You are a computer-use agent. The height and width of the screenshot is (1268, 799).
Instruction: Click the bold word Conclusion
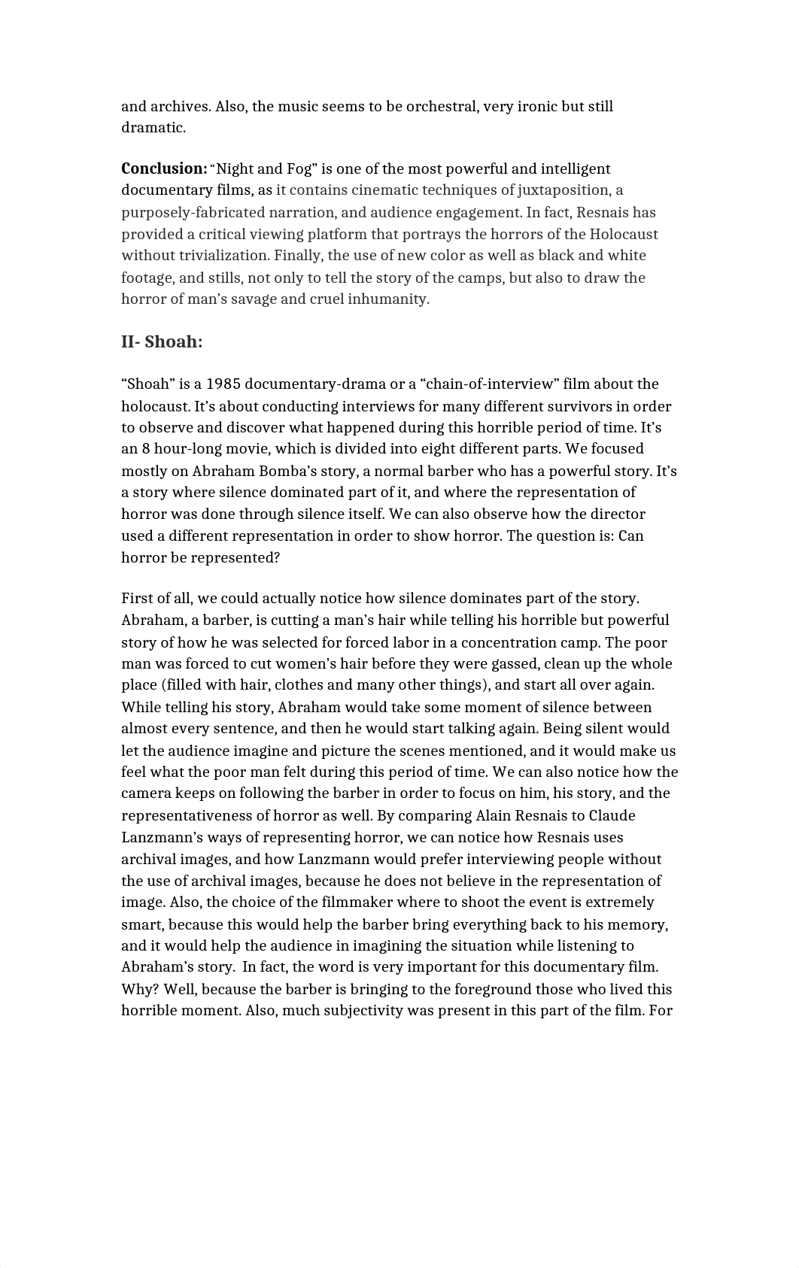164,169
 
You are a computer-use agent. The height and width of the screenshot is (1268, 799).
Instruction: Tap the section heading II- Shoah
162,342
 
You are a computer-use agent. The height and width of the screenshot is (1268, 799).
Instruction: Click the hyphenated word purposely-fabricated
196,213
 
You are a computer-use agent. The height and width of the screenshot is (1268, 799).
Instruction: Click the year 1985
223,384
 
